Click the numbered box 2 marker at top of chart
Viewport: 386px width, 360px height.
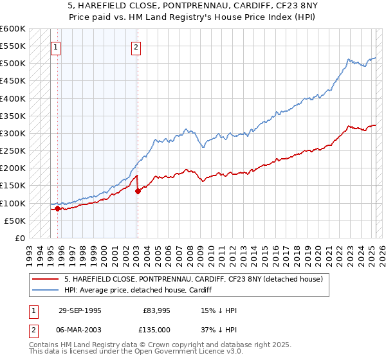[x=137, y=46]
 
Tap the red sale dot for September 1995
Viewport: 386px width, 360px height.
[x=57, y=208]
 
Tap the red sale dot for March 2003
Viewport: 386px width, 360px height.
[x=138, y=191]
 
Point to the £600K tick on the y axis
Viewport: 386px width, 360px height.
[x=13, y=29]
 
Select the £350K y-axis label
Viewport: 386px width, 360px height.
[x=13, y=116]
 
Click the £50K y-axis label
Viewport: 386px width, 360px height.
[x=15, y=221]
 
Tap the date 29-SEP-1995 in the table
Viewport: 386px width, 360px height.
[x=80, y=310]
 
